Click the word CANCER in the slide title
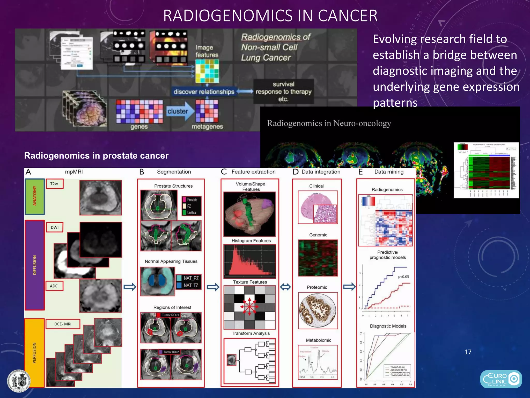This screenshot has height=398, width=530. (348, 16)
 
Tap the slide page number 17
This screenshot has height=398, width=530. (468, 352)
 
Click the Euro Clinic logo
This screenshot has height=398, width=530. (501, 379)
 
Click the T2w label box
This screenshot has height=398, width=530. (54, 184)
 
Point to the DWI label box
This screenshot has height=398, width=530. (55, 227)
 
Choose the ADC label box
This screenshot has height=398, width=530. (54, 286)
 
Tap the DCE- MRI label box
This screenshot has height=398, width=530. (63, 324)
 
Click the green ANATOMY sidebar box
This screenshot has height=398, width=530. (35, 196)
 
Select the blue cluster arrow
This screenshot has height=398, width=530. (179, 111)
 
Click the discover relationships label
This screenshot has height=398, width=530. (204, 92)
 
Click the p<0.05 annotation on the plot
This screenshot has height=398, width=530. (403, 276)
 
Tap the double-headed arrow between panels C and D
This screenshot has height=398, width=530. (285, 287)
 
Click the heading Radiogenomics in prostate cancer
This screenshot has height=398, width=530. (96, 155)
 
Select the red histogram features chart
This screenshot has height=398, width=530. (250, 260)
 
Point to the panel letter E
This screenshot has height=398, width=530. (361, 172)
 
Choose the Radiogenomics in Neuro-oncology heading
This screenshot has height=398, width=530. (329, 123)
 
